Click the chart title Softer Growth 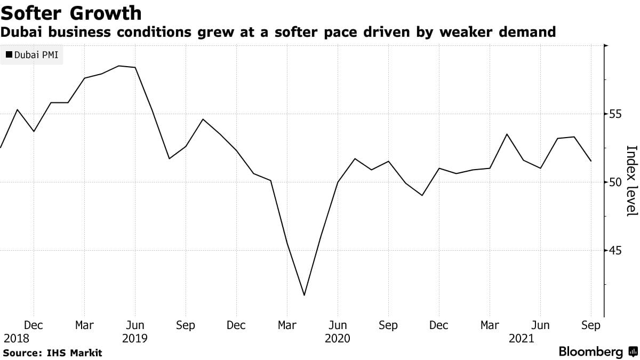point(71,12)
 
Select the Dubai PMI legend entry point(31,54)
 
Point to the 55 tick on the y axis point(615,114)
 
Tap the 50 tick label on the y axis point(615,182)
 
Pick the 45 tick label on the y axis point(615,251)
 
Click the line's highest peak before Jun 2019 point(118,66)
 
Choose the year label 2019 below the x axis point(134,338)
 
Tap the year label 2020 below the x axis point(337,338)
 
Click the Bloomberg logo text point(591,352)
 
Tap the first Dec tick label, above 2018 point(34,325)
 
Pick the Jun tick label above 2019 point(135,325)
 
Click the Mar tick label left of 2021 point(490,325)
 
